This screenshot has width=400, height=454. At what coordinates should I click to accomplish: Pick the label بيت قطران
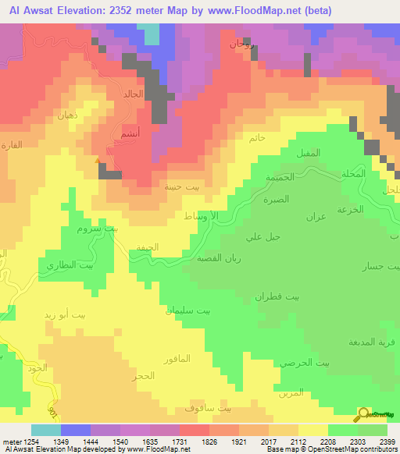coord(277,296)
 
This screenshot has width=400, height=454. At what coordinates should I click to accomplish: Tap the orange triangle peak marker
coord(98,161)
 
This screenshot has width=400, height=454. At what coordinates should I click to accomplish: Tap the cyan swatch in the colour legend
coord(45,429)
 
